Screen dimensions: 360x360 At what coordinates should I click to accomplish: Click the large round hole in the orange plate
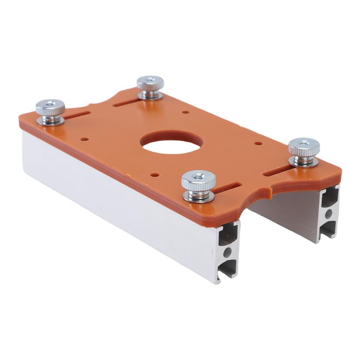(x=172, y=143)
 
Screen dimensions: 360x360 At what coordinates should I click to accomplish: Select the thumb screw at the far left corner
(x=50, y=110)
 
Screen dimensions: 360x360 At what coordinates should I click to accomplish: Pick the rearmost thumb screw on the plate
(x=150, y=86)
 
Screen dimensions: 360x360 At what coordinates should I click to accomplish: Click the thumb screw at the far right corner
(x=304, y=149)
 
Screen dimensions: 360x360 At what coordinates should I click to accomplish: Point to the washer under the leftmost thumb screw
(x=50, y=121)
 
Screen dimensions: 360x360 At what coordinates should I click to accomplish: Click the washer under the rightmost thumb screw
(x=304, y=161)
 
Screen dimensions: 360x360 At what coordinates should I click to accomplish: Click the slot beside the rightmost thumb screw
(x=278, y=171)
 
